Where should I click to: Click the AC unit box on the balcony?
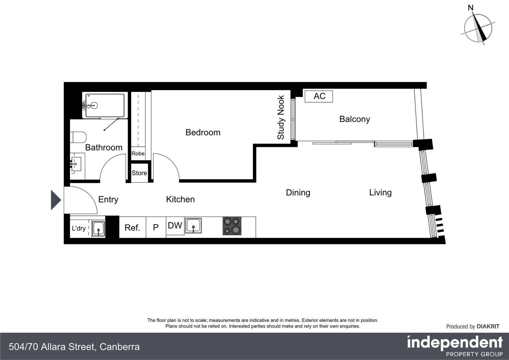(319, 96)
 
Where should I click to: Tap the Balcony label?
(354, 119)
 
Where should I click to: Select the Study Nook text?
(281, 117)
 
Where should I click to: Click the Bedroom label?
(203, 132)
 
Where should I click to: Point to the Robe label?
(138, 154)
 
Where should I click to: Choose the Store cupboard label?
(139, 173)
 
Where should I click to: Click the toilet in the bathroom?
(78, 137)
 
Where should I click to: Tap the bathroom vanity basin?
(76, 164)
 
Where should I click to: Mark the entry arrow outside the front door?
(56, 200)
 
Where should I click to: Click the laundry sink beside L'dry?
(98, 229)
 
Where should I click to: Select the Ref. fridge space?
(132, 228)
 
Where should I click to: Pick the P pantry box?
(156, 228)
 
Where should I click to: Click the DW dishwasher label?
(175, 226)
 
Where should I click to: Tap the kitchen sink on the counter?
(194, 226)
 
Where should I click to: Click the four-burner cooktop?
(232, 226)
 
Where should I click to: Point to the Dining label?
(298, 193)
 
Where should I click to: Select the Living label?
(380, 193)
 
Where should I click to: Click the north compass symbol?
(478, 28)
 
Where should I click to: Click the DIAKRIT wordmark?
(488, 327)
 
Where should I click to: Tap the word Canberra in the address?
(120, 347)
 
